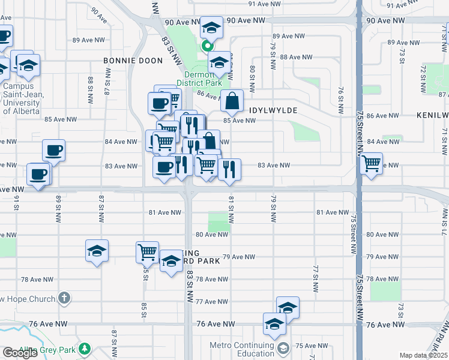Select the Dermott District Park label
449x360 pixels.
[199, 79]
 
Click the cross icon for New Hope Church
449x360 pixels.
[65, 298]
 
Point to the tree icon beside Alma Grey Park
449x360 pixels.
[85, 348]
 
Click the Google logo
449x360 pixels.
[20, 353]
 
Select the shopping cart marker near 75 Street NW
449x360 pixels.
[372, 162]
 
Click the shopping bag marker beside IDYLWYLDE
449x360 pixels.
[232, 101]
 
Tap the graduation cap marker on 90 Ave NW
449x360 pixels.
[211, 28]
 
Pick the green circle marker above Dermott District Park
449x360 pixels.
[207, 45]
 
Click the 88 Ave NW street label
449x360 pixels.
[297, 57]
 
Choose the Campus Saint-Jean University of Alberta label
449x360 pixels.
[22, 94]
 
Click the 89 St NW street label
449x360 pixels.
[58, 206]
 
